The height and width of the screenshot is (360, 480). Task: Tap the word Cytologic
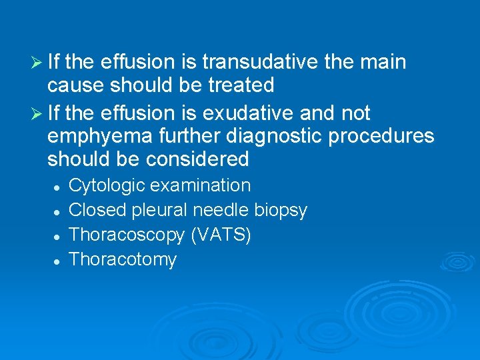click(103, 185)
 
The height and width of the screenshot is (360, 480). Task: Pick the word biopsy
click(281, 211)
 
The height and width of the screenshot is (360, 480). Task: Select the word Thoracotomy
click(123, 259)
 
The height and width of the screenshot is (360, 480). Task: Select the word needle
click(222, 210)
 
